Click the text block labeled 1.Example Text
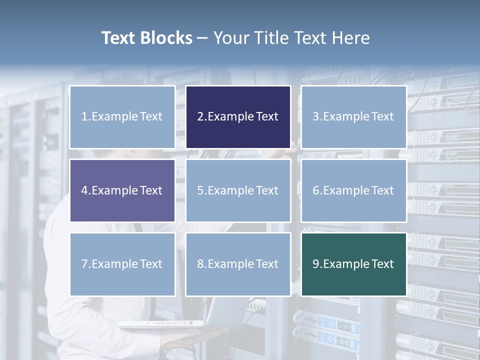point(122,117)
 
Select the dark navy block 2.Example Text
point(238,117)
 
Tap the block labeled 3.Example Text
point(353,117)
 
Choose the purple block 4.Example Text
point(122,190)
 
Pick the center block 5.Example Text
point(238,190)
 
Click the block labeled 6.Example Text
point(353,190)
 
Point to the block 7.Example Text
point(122,264)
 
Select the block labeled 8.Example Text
point(238,264)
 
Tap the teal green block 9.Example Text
point(353,264)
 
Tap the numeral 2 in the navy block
point(200,117)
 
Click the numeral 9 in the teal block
point(316,264)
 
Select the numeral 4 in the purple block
point(84,190)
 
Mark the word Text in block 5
point(267,190)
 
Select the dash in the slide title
point(202,38)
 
